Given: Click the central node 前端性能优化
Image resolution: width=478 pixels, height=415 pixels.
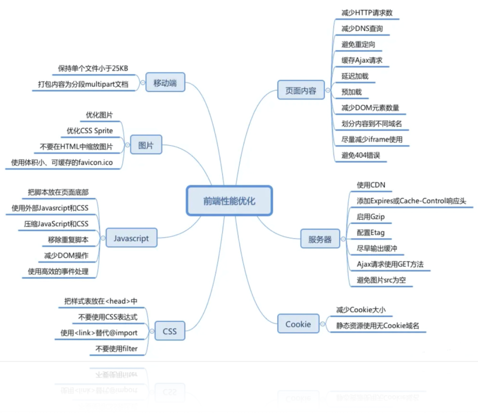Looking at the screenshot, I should (229, 201).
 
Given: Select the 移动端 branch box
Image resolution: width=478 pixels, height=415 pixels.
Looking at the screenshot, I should (165, 83).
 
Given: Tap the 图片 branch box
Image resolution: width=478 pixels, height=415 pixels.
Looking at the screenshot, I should (146, 145).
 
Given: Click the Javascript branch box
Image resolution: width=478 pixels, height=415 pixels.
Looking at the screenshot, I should (131, 238).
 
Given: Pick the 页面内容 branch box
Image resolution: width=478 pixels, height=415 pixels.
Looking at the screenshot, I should (300, 91).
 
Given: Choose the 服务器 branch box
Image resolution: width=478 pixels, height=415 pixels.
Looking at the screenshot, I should (320, 240).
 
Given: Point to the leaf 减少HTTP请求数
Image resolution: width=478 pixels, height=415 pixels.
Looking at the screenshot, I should (367, 13).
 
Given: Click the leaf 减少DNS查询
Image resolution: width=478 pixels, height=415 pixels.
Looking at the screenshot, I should (362, 29).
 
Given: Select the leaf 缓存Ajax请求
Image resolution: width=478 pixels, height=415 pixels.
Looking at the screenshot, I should (362, 60).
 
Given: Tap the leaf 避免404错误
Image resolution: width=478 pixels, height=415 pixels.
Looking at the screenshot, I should (361, 155).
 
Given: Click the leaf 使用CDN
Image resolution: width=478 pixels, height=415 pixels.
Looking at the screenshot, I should (368, 185).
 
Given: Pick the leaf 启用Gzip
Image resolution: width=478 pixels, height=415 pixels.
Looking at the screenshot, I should (370, 217).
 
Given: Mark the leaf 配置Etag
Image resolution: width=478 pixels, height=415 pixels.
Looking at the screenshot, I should (370, 233).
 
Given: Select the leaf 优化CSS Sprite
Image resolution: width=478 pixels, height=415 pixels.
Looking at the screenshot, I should (89, 131).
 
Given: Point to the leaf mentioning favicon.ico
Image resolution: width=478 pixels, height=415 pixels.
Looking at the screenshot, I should (62, 163).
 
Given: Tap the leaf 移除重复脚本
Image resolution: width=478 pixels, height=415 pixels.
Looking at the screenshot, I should (68, 240).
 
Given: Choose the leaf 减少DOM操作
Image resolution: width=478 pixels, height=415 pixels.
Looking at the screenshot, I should (66, 256).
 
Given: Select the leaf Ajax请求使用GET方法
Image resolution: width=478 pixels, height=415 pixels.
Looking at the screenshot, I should (390, 264).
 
